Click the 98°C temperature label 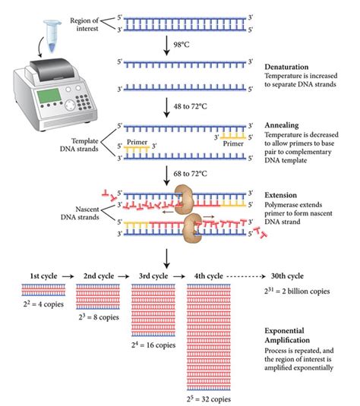[182, 45]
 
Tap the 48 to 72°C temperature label [190, 106]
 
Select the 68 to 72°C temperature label [190, 174]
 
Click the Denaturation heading [286, 67]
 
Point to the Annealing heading [282, 125]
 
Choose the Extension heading [280, 195]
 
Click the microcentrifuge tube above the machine [52, 36]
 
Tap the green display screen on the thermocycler [49, 96]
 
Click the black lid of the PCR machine [52, 69]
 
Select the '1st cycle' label [43, 276]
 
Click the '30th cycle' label [287, 276]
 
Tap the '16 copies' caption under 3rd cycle [161, 345]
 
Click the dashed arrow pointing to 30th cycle [246, 276]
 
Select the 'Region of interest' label [84, 24]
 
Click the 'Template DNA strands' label [79, 145]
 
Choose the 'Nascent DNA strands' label [80, 212]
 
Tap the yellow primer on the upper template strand [232, 135]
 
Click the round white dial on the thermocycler [70, 105]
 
